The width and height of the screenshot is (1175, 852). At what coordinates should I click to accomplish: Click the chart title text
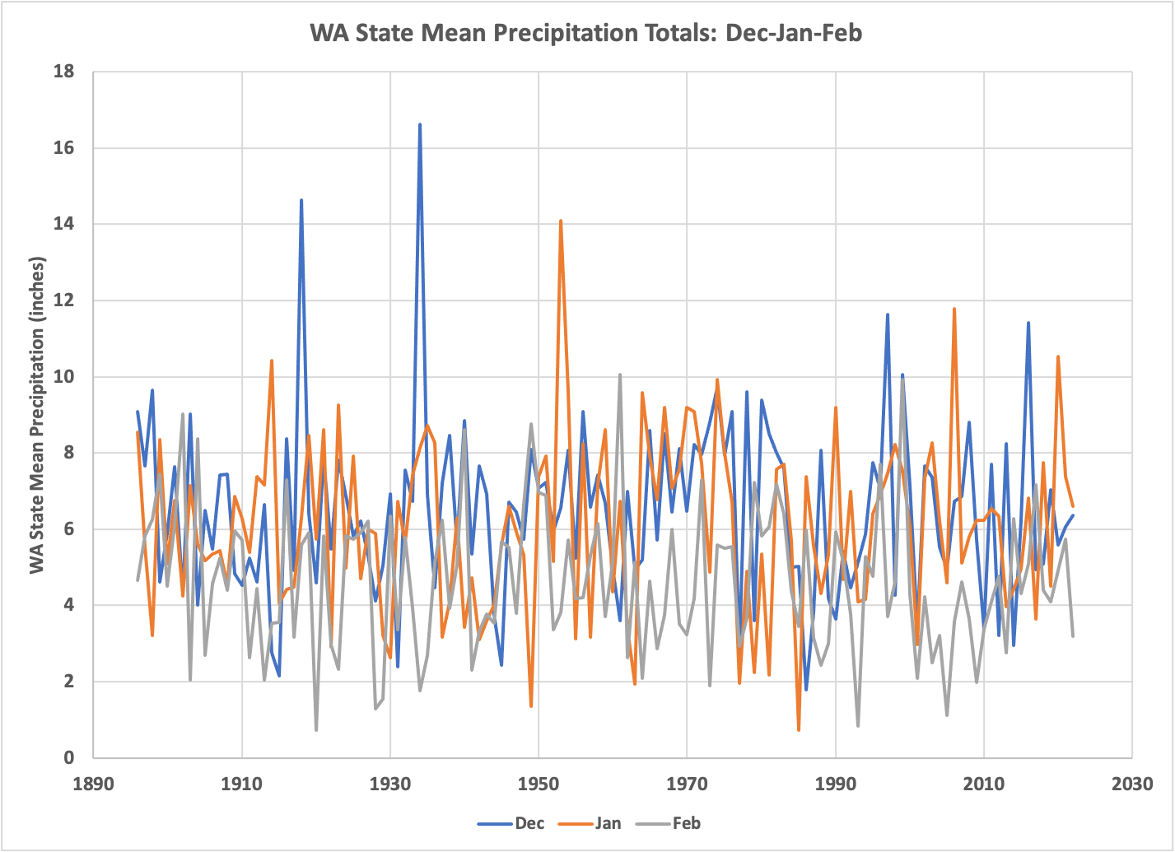(x=585, y=34)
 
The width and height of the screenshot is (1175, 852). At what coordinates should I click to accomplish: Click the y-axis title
(x=37, y=416)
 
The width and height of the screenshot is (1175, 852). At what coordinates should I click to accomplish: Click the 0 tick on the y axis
(x=69, y=758)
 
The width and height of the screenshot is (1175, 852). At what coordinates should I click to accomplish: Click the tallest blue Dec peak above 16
(x=420, y=125)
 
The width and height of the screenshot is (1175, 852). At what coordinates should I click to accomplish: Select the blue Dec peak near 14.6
(x=301, y=201)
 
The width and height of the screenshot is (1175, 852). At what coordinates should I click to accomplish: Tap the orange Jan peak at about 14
(x=561, y=221)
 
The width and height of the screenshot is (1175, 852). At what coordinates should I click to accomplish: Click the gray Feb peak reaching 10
(x=620, y=375)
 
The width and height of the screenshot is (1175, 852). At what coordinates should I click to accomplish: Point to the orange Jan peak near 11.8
(x=954, y=310)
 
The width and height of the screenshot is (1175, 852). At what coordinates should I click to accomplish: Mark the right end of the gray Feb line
(x=1073, y=636)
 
